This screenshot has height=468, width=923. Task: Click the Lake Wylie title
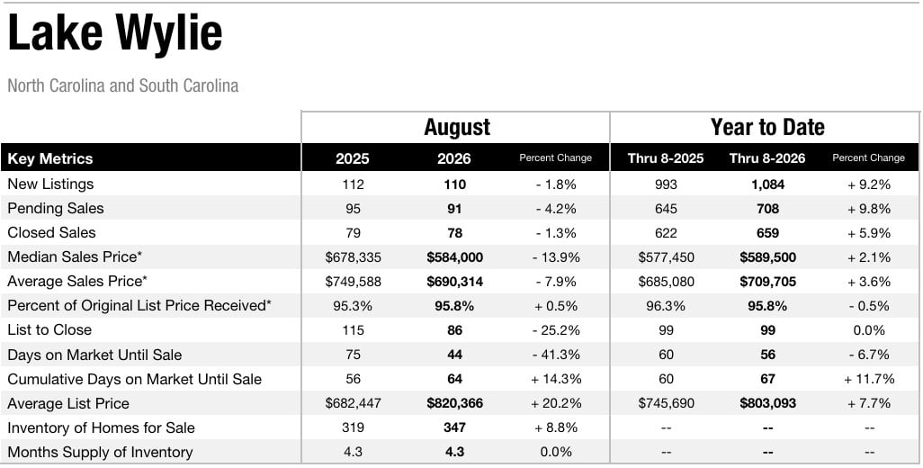tap(115, 33)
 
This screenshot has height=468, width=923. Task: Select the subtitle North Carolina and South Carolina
tap(123, 85)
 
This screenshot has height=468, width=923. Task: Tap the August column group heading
tap(457, 127)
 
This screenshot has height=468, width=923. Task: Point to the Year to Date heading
tap(767, 127)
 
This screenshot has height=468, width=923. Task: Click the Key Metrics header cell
tap(50, 158)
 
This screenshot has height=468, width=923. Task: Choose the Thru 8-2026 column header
tap(767, 158)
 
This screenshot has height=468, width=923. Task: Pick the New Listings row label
tap(50, 184)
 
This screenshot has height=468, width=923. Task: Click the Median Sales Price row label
tap(75, 256)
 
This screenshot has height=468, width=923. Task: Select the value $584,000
tap(454, 257)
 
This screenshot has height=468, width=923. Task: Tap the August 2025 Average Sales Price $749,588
tap(353, 282)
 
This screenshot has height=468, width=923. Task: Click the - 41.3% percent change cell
tap(556, 355)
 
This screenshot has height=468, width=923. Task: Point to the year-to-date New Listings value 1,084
tap(767, 184)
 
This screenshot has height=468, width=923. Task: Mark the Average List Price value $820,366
tap(454, 403)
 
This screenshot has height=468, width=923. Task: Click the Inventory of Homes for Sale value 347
tap(454, 427)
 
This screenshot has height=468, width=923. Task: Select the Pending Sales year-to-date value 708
tap(767, 209)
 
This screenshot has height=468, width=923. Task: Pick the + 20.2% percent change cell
tap(556, 403)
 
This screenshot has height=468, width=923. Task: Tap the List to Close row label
tap(49, 329)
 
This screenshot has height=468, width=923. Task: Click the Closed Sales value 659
tap(767, 233)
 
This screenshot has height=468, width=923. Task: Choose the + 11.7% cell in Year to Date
tap(869, 379)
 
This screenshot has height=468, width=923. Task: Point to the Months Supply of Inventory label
tap(100, 452)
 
